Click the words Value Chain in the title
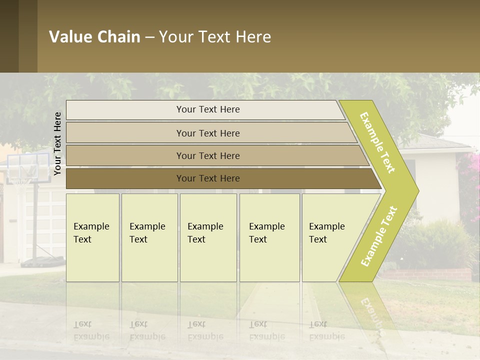pyautogui.click(x=94, y=37)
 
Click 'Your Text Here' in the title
pyautogui.click(x=215, y=37)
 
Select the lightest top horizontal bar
pyautogui.click(x=207, y=109)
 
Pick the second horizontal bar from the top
pyautogui.click(x=207, y=133)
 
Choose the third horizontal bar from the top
pyautogui.click(x=207, y=155)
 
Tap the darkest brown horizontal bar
pyautogui.click(x=207, y=178)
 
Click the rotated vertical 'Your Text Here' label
pyautogui.click(x=57, y=143)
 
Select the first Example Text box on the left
pyautogui.click(x=92, y=237)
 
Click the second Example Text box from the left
pyautogui.click(x=149, y=237)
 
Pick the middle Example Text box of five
pyautogui.click(x=208, y=237)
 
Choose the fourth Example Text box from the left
pyautogui.click(x=269, y=237)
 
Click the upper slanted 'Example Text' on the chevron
pyautogui.click(x=377, y=142)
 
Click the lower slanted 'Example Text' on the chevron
pyautogui.click(x=378, y=236)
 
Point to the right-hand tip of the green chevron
pyautogui.click(x=417, y=190)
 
